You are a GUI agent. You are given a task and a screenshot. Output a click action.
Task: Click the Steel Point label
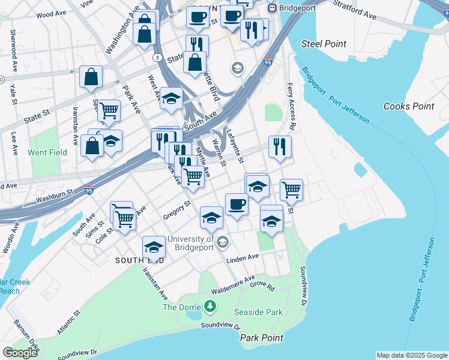324,44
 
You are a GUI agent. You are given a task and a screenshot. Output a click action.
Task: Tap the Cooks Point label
408,106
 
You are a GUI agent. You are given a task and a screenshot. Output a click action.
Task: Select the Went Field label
47,152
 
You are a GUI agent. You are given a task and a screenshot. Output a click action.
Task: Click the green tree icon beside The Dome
209,308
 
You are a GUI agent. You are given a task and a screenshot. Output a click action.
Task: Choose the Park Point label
262,338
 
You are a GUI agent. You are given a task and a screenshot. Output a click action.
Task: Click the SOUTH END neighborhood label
137,260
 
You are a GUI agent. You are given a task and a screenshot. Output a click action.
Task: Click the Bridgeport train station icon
272,8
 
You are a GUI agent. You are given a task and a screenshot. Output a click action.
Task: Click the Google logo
20,353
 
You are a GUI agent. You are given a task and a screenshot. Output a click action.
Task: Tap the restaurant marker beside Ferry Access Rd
280,146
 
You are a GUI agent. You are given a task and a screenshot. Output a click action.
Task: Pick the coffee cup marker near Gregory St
237,205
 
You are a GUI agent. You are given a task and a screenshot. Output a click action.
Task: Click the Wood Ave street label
51,14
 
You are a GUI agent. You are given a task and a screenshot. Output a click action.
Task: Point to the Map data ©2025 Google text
411,355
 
